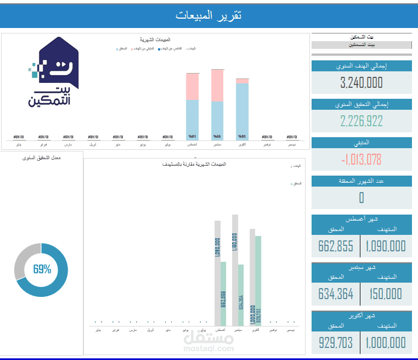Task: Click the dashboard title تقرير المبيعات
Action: click(209, 15)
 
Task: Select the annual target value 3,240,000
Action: click(361, 83)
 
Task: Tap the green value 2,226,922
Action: click(361, 121)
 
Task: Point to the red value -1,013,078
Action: click(361, 160)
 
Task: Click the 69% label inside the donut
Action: click(42, 269)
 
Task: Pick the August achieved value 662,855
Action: click(336, 246)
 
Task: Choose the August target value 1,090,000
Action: click(386, 246)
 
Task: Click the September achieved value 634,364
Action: click(336, 295)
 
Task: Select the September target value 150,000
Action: click(386, 295)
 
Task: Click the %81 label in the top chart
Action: click(192, 137)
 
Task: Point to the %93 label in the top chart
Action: click(242, 137)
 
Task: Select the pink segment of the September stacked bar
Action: click(217, 85)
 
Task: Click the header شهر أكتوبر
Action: click(361, 316)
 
